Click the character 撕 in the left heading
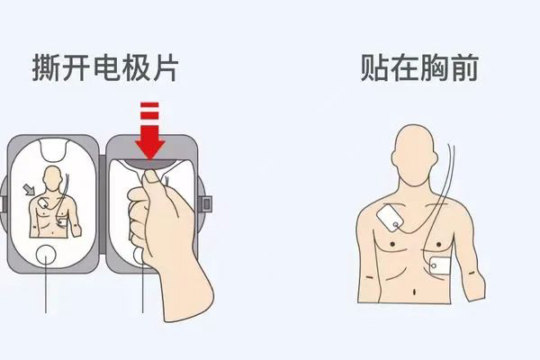46,67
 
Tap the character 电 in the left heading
105,67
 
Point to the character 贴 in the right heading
375,67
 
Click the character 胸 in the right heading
434,67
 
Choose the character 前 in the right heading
463,67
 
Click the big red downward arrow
150,130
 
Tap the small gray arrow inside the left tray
29,189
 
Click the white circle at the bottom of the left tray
46,255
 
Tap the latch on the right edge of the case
206,204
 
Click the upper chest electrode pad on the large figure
390,218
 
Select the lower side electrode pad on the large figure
440,266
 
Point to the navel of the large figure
414,292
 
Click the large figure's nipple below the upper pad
392,244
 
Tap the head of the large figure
414,155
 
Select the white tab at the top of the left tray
53,149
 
